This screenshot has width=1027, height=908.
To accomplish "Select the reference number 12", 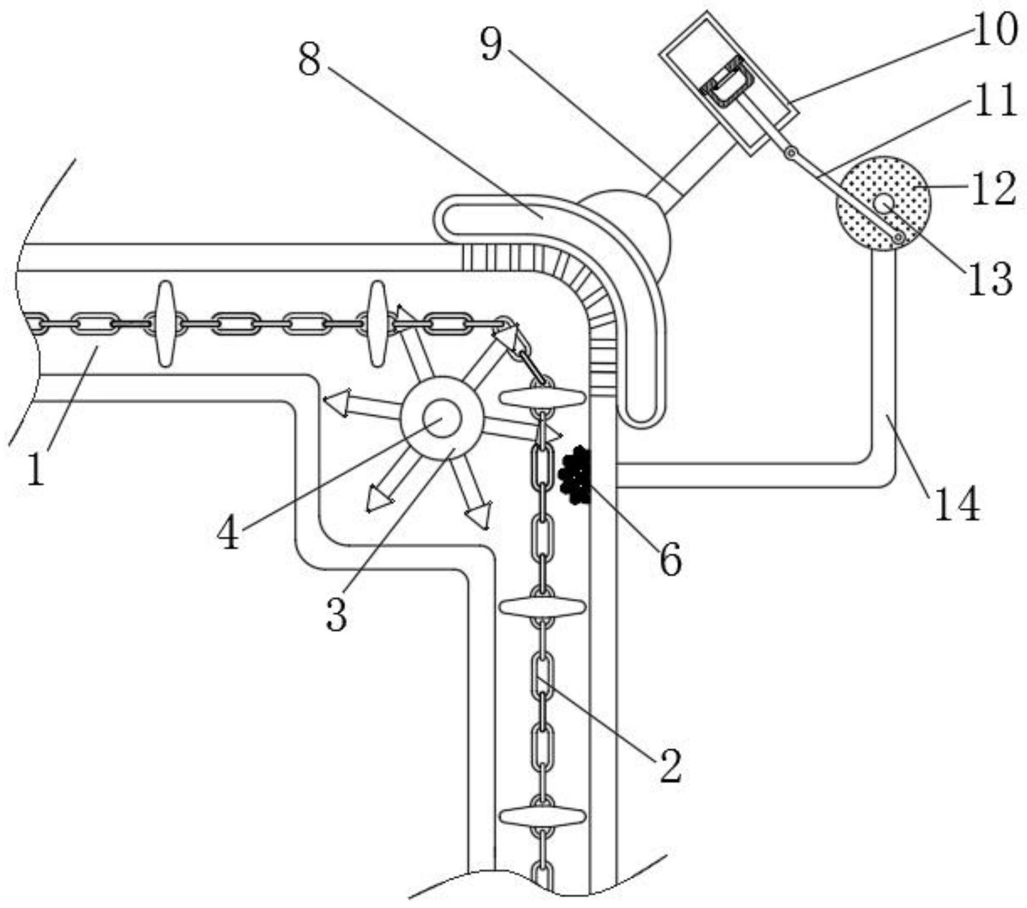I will (994, 190).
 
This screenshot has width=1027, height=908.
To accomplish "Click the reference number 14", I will (957, 504).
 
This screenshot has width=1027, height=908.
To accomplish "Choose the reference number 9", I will (491, 45).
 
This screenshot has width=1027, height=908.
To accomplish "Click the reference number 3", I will (336, 615).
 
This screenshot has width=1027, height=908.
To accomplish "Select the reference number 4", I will (228, 533).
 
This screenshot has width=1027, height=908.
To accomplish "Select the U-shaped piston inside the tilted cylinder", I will (727, 85).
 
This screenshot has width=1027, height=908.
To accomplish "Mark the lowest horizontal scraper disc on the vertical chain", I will (542, 817).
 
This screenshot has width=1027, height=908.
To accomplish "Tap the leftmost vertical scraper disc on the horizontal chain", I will (166, 324).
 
